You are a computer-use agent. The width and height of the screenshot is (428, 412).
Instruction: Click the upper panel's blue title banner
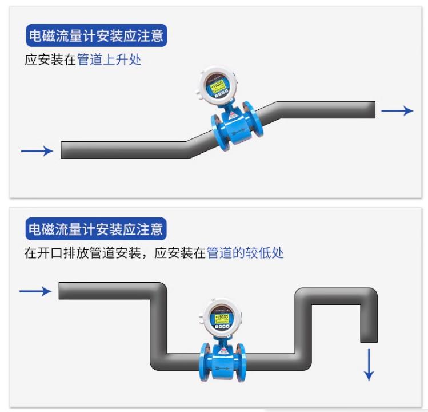(97, 36)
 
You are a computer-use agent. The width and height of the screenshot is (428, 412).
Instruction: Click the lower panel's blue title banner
(97, 229)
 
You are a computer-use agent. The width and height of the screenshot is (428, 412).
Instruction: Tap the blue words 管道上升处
(109, 60)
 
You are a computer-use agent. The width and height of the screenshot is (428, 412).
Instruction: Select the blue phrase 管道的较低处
(245, 253)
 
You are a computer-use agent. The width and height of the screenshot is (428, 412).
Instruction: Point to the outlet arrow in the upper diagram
(397, 111)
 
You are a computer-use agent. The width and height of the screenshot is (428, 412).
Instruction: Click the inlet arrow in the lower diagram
(35, 291)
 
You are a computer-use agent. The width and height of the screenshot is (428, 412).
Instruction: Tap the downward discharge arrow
(369, 364)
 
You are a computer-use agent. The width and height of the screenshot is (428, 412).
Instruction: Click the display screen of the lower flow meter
(221, 316)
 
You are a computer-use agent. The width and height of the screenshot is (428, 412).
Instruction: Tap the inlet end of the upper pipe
(64, 150)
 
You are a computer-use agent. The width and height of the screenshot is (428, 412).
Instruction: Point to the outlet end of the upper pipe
(371, 110)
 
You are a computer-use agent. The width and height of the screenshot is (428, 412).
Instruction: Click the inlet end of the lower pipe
(62, 291)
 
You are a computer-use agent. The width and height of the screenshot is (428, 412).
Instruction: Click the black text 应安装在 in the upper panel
(50, 60)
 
